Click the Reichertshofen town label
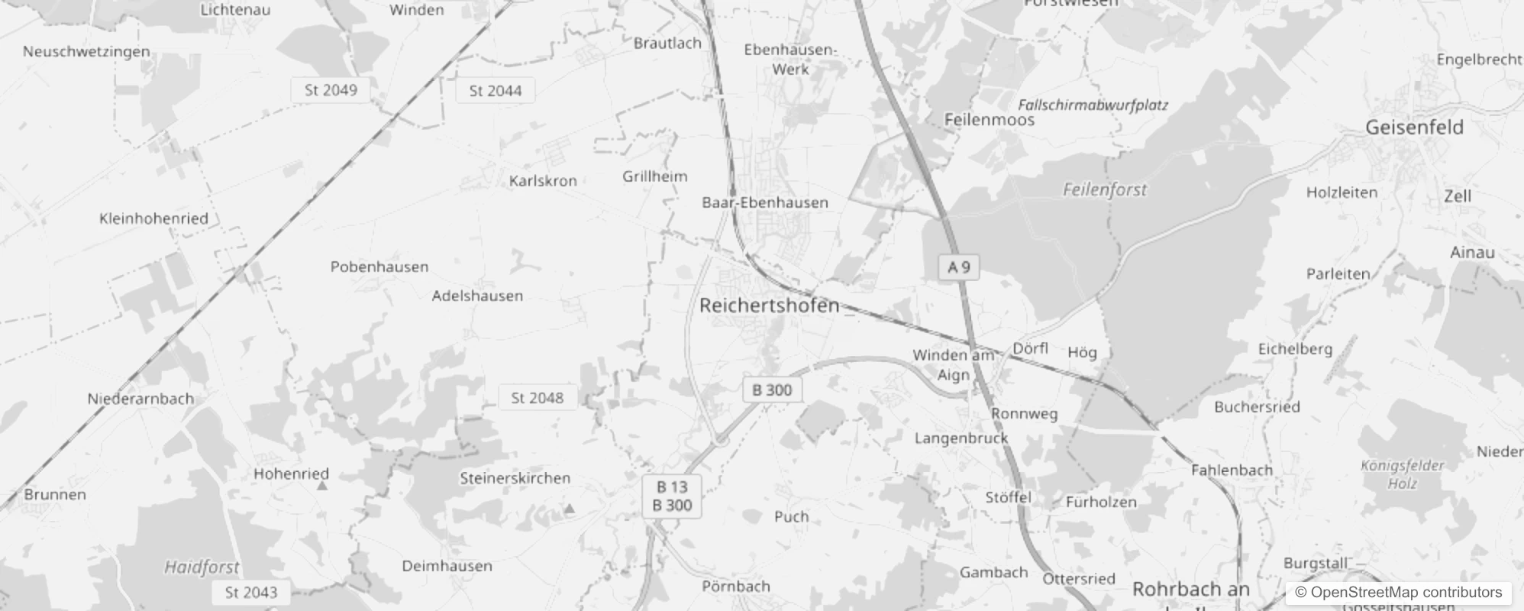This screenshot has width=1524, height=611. coord(769,305)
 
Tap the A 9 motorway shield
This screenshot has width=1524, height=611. coord(958,267)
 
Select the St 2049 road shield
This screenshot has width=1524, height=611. coord(331,90)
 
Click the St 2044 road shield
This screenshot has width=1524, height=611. coord(496,91)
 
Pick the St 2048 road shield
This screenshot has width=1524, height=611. coord(537,398)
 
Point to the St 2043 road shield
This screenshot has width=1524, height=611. coord(251,592)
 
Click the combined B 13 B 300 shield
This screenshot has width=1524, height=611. coord(673,496)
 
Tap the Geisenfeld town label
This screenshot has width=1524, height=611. coord(1414,128)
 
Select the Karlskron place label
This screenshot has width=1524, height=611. coord(543,181)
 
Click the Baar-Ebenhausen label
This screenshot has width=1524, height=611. coord(765,202)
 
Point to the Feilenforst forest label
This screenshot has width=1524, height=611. coord(1104,189)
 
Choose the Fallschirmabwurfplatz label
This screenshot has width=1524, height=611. coord(1093,105)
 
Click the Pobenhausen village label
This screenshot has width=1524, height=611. coord(379,267)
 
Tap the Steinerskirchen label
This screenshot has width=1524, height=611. coord(515,478)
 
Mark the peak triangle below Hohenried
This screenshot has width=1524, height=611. coord(322,486)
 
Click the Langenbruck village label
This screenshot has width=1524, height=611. coord(961,438)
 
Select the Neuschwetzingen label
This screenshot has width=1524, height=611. coord(86,52)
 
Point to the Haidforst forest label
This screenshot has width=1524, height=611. coord(202,567)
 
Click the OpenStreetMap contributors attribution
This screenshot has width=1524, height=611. coord(1398,592)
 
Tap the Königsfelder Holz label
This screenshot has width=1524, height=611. coord(1402,474)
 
